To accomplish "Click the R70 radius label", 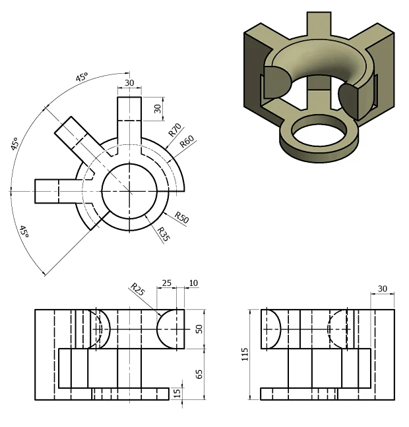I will (175, 129).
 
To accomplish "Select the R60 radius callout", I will (187, 142).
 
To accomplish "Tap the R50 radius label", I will (181, 219).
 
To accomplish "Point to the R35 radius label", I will (163, 233).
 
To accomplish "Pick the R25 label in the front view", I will (138, 289).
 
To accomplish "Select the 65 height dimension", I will (199, 374).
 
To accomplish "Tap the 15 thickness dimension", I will (177, 393).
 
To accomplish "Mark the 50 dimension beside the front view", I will (198, 328).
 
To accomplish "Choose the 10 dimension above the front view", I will (193, 283).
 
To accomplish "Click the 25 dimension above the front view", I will (166, 283).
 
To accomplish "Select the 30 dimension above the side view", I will (383, 289).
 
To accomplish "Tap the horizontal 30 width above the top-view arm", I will (129, 83).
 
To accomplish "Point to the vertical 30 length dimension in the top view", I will (158, 108).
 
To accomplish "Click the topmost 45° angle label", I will (82, 78).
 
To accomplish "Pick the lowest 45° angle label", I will (23, 231).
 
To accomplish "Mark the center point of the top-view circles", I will (129, 191).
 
